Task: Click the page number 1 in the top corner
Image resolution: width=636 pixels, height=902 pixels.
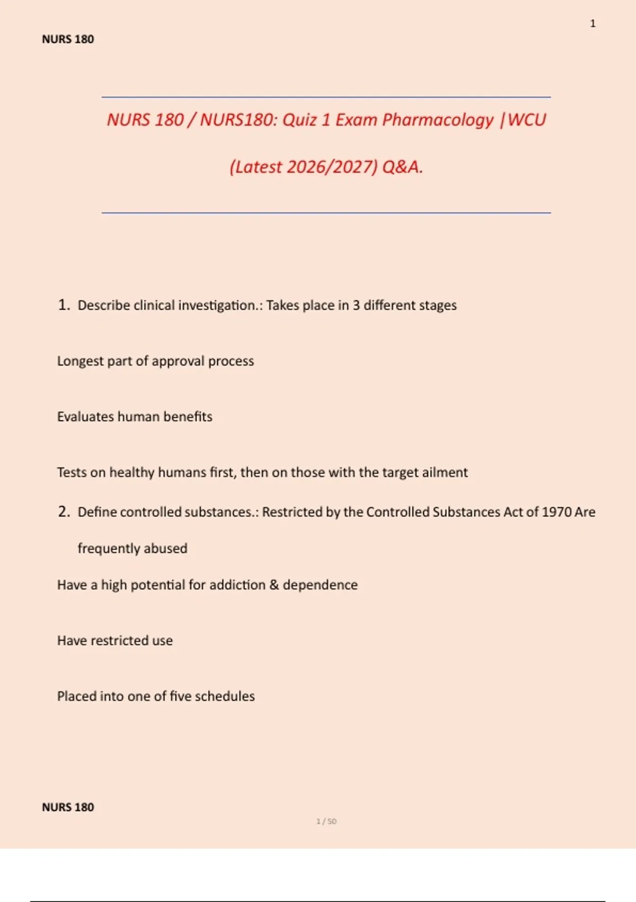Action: click(x=593, y=24)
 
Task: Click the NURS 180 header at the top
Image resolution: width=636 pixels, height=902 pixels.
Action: click(x=68, y=39)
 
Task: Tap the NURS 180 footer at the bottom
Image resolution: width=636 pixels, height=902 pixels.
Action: click(x=68, y=807)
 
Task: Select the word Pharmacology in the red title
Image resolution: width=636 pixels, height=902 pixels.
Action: click(x=438, y=120)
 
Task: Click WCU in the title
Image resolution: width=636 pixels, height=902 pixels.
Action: click(x=527, y=120)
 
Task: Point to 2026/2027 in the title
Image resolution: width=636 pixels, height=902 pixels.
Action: click(x=332, y=167)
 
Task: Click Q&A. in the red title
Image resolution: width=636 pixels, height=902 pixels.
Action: click(x=402, y=167)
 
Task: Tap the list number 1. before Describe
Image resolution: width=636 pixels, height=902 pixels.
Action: click(x=64, y=305)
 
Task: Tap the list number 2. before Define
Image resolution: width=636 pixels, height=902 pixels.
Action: click(x=64, y=511)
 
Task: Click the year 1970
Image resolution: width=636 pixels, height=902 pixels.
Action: click(x=556, y=512)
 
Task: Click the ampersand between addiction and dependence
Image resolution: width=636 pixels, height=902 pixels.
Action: click(x=274, y=585)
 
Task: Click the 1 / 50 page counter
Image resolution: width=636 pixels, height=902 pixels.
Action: click(x=326, y=821)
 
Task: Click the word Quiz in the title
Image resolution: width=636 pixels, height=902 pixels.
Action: click(x=299, y=120)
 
